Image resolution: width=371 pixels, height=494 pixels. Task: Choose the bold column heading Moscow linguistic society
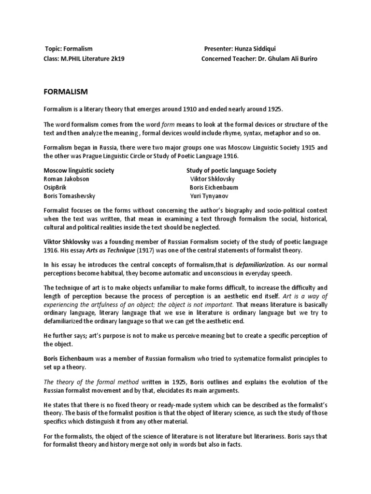[x=79, y=170]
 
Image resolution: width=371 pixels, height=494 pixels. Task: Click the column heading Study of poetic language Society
[x=231, y=170]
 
